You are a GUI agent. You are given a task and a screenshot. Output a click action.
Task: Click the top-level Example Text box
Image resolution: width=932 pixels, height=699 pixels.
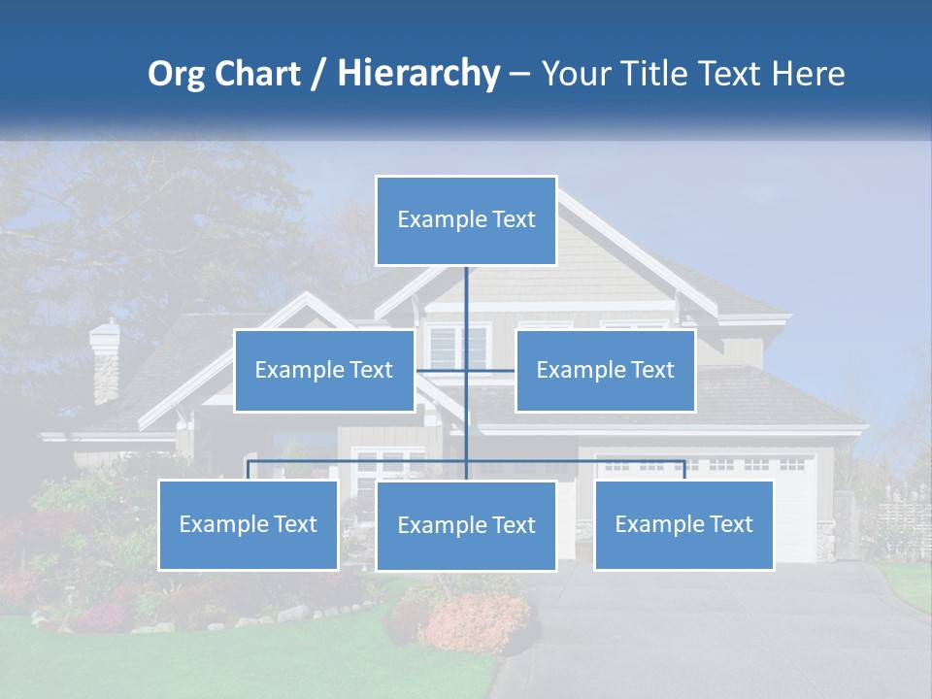tap(466, 220)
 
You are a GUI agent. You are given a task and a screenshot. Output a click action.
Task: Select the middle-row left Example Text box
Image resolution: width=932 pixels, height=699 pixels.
tap(324, 370)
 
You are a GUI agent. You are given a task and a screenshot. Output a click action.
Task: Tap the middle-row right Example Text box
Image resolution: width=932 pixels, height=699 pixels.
tap(605, 370)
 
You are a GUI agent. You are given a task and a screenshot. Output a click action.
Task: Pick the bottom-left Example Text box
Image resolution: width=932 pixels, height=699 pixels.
tap(249, 524)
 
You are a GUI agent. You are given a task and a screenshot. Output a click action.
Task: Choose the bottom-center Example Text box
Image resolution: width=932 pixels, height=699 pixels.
tap(466, 525)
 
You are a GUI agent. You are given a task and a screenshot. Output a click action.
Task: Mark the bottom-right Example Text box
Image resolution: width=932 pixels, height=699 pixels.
tap(683, 524)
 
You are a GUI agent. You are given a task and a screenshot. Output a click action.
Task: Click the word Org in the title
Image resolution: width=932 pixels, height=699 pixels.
tap(175, 74)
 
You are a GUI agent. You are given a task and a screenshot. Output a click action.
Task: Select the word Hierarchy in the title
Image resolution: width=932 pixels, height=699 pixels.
tap(417, 74)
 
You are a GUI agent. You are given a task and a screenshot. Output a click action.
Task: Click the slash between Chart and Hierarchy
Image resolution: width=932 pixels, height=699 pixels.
tap(318, 74)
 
